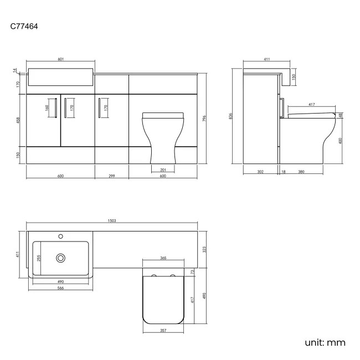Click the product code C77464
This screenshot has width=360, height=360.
point(24,25)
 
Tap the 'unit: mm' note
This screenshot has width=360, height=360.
point(325,342)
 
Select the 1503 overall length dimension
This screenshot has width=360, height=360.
point(112,221)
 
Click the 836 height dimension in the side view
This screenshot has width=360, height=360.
point(231,116)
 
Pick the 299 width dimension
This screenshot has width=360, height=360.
point(112,176)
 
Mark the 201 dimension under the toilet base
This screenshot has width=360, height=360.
point(163,169)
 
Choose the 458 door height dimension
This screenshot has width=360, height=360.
point(18,120)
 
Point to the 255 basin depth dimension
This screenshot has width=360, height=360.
point(38,258)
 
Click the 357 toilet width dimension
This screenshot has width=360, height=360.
point(163,331)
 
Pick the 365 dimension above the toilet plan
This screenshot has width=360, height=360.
point(163,258)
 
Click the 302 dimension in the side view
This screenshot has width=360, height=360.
point(260,172)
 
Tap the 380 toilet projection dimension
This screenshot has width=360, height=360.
point(301,172)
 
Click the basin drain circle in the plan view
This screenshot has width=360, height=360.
point(61,258)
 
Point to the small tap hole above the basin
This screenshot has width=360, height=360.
point(61,236)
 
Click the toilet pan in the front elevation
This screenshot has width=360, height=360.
point(163,136)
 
